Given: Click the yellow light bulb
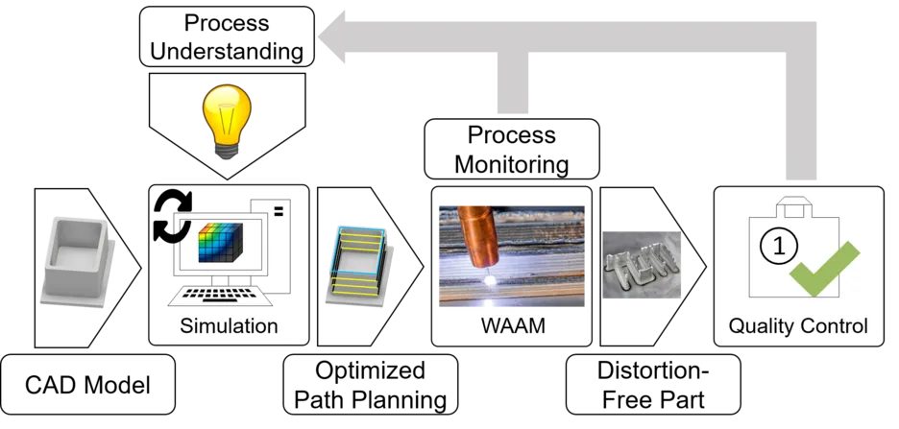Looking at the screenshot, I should coord(226,120).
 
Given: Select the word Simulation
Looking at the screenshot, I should coord(230,326).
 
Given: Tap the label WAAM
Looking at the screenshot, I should coord(513,326).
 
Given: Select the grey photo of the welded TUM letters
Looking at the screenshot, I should coord(643,264).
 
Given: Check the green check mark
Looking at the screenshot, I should coord(824,269).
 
